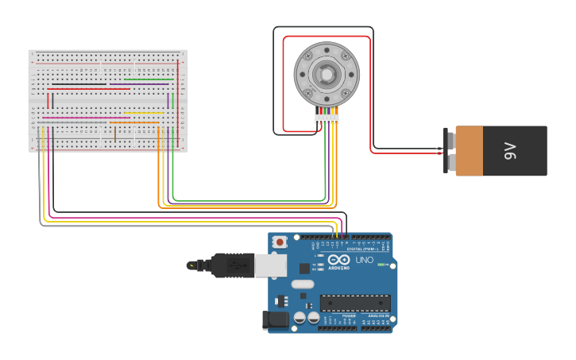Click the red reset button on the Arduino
[280, 242]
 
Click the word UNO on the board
[364, 261]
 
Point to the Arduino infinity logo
[338, 260]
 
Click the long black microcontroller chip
[355, 303]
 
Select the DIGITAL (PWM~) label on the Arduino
[368, 249]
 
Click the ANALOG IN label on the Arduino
[377, 316]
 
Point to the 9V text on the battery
[509, 151]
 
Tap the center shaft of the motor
[327, 74]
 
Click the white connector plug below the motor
[327, 119]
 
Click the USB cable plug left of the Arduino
[226, 265]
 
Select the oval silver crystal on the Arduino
[303, 284]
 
